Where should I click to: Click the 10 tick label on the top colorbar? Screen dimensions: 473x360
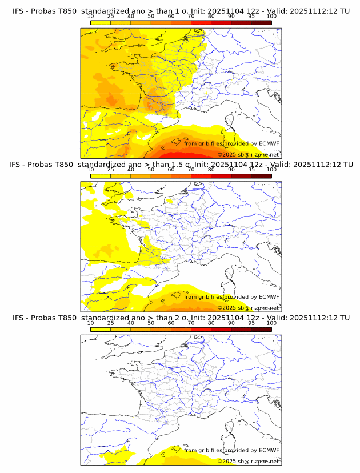(x=91, y=16)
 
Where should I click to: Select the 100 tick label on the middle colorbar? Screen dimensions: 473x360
(x=271, y=170)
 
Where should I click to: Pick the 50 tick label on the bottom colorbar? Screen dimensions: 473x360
(x=151, y=323)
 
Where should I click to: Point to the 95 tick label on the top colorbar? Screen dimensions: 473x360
(x=251, y=16)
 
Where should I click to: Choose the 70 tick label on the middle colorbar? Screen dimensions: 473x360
(x=191, y=170)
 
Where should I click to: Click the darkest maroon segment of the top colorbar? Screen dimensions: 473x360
(x=261, y=22)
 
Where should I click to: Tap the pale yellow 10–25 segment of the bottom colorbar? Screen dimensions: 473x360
(x=101, y=329)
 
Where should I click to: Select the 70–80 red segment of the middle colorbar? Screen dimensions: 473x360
(x=201, y=176)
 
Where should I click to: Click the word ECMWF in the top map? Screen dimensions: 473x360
(x=269, y=143)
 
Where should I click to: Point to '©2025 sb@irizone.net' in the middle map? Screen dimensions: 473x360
(x=249, y=308)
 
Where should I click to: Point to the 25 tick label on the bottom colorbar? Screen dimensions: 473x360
(x=111, y=323)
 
